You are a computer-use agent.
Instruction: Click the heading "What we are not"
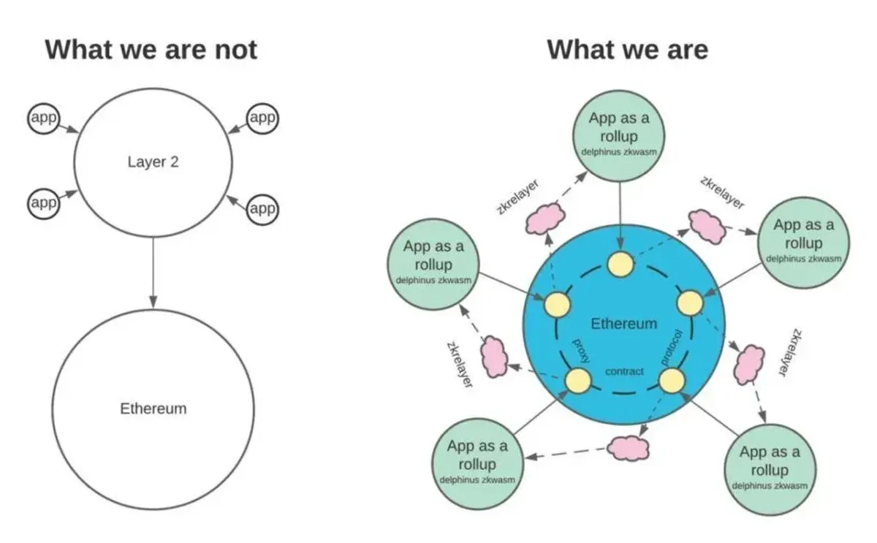point(151,50)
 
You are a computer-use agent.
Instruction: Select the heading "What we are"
point(628,50)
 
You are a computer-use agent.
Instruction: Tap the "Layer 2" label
point(153,162)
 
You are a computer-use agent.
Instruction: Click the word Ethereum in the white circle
point(153,409)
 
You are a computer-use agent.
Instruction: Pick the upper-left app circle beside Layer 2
point(43,118)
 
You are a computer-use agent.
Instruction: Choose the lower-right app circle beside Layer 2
point(262,209)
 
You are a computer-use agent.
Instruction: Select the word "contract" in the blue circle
point(625,371)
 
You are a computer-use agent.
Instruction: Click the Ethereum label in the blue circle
point(623,324)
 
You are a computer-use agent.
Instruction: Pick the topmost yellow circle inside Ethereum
point(621,265)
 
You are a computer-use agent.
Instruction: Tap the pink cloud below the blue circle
point(627,447)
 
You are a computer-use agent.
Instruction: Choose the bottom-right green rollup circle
point(770,468)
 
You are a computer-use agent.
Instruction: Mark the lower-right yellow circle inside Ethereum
point(671,380)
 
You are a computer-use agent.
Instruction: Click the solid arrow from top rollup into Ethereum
point(621,212)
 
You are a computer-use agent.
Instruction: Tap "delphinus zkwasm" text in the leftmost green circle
point(433,281)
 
